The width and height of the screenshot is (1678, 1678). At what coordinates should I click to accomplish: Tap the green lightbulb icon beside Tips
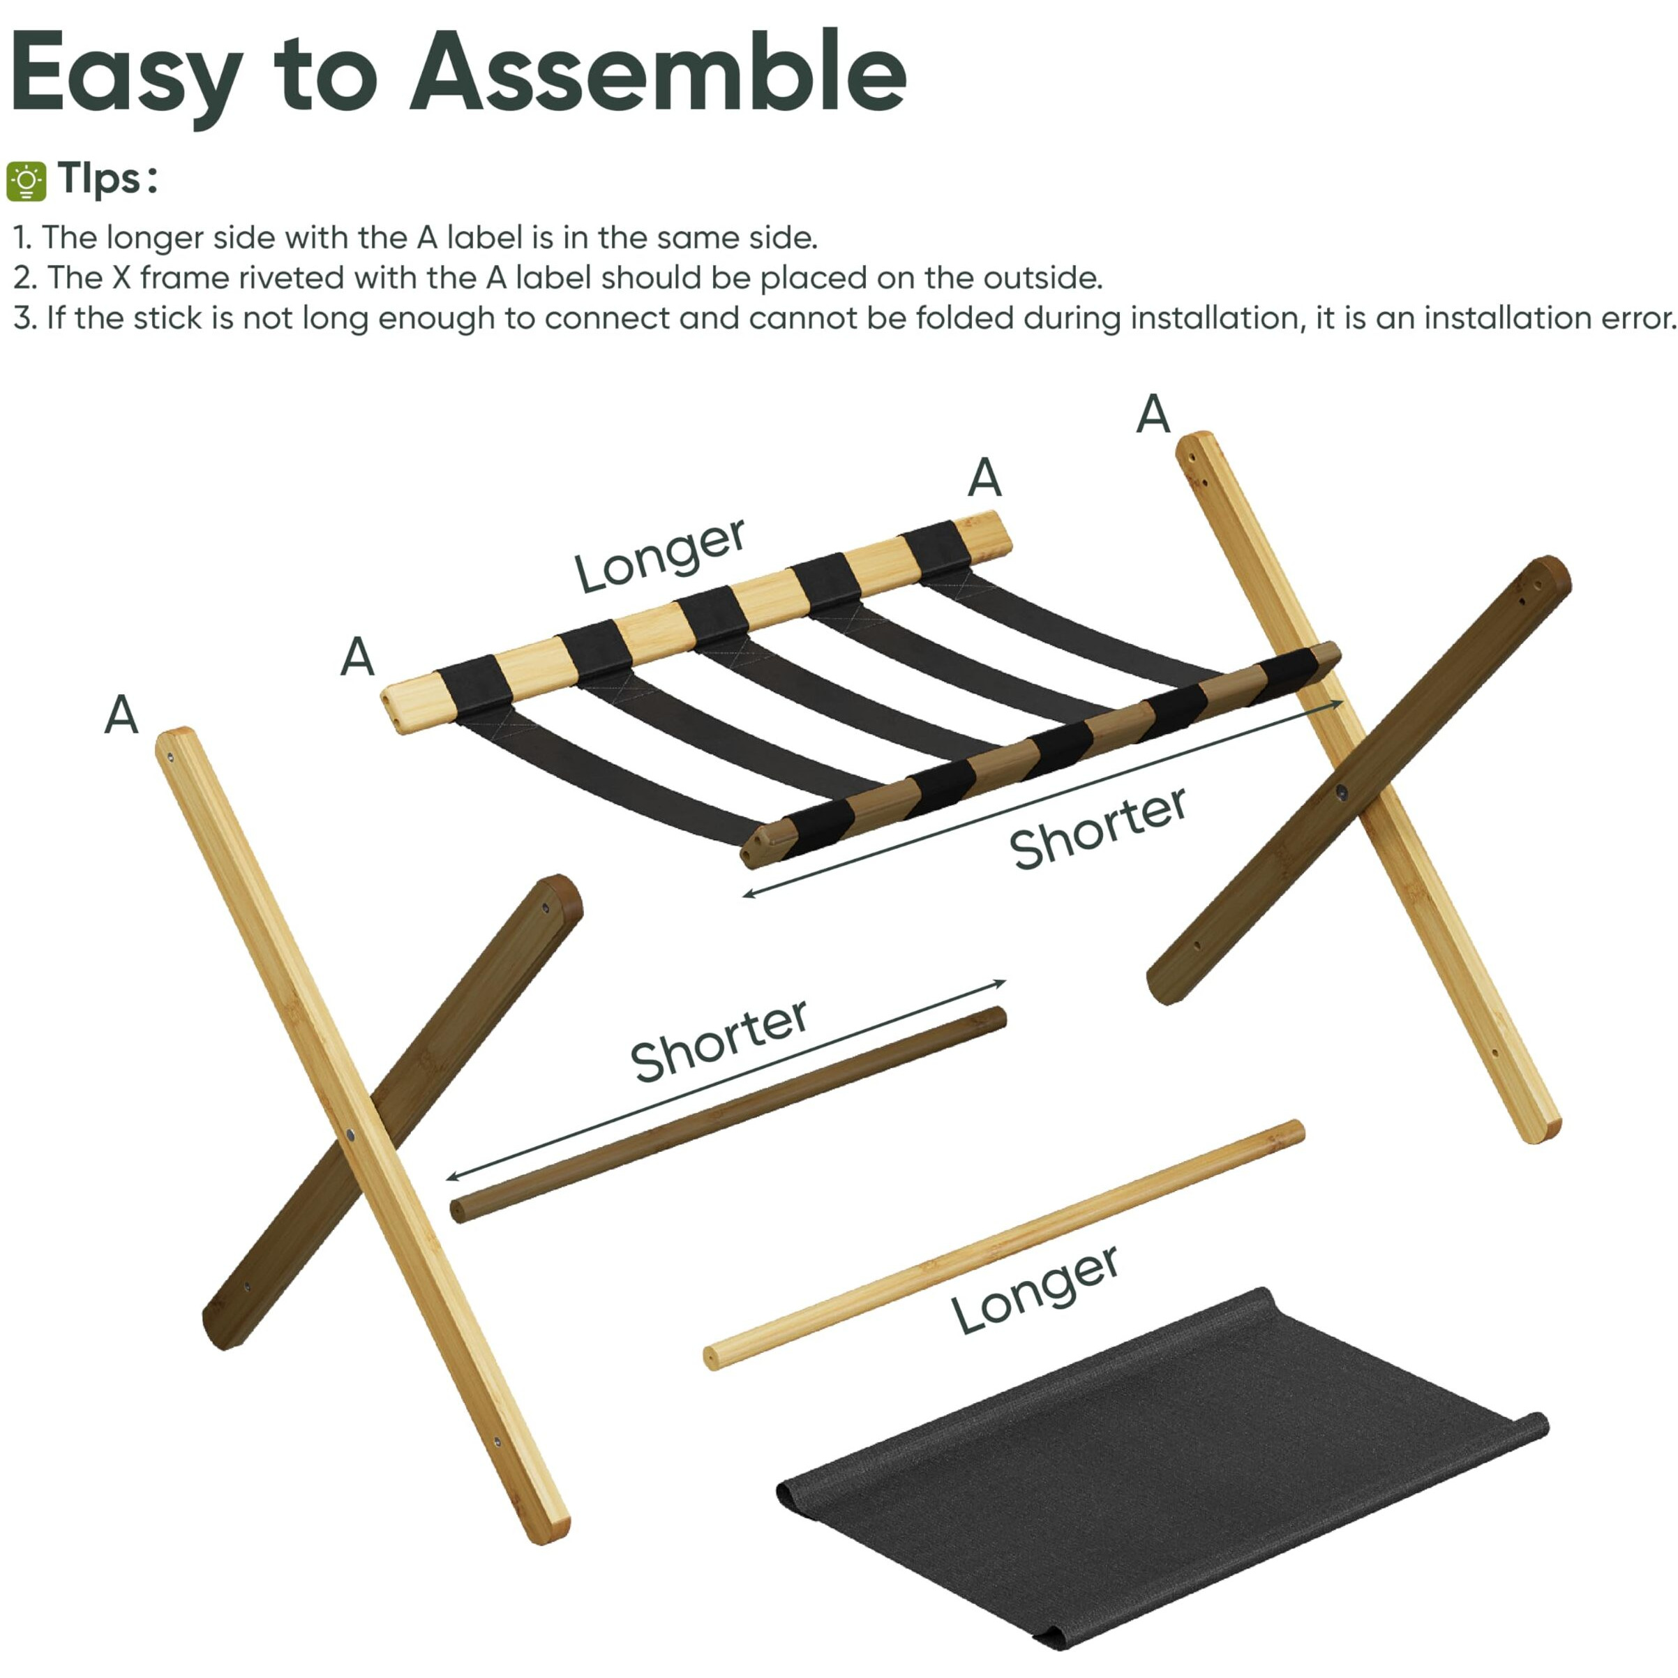coord(26,181)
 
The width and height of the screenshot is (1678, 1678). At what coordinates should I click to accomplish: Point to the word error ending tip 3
coord(1635,318)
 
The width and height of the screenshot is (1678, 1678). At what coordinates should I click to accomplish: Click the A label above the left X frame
coord(121,714)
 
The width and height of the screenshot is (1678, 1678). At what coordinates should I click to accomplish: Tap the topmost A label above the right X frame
coord(1153,414)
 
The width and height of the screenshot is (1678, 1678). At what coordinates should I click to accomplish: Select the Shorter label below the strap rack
coord(1097,827)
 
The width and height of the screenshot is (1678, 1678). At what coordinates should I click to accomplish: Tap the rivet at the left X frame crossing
coord(350,1135)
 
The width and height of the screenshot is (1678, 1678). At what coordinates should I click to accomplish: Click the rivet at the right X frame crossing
coord(1341,791)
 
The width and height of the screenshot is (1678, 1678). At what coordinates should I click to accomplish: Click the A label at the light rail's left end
coord(357,656)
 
